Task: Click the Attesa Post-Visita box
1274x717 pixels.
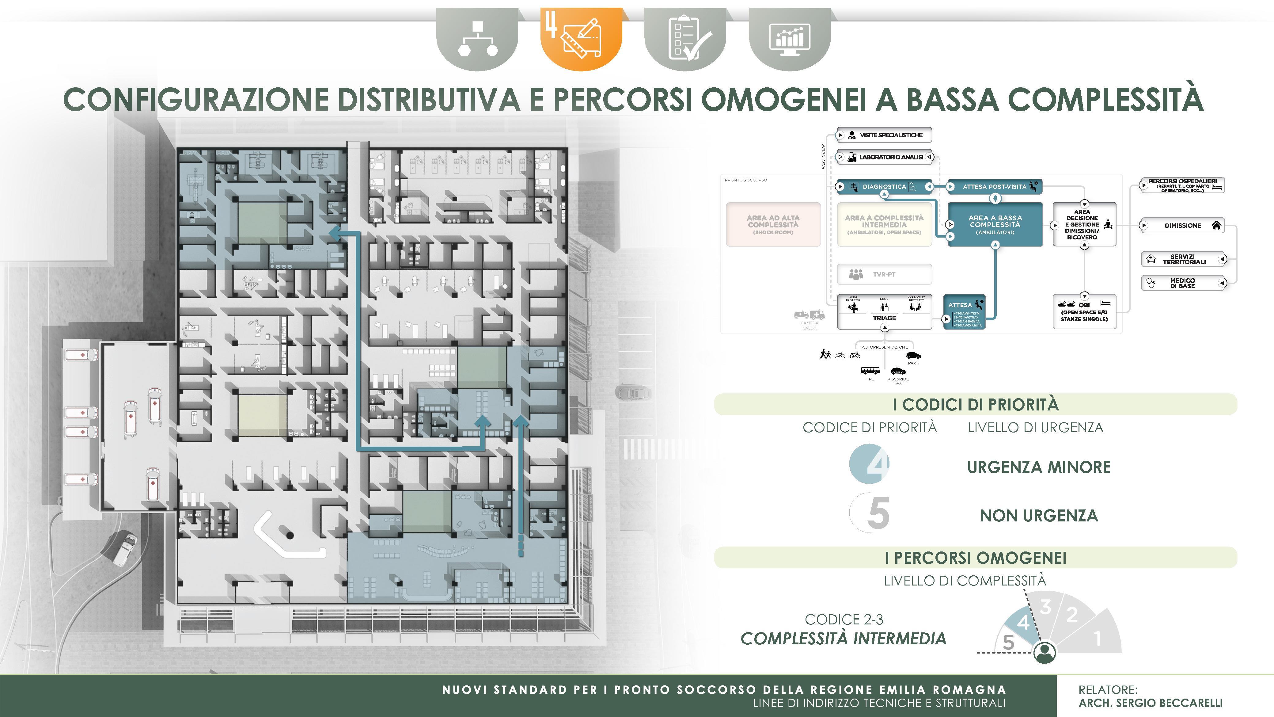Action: (x=995, y=187)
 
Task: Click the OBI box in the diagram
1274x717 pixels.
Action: (x=1084, y=312)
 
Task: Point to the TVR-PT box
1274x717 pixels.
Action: (x=884, y=274)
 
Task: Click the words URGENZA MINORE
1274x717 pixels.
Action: (x=1039, y=467)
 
